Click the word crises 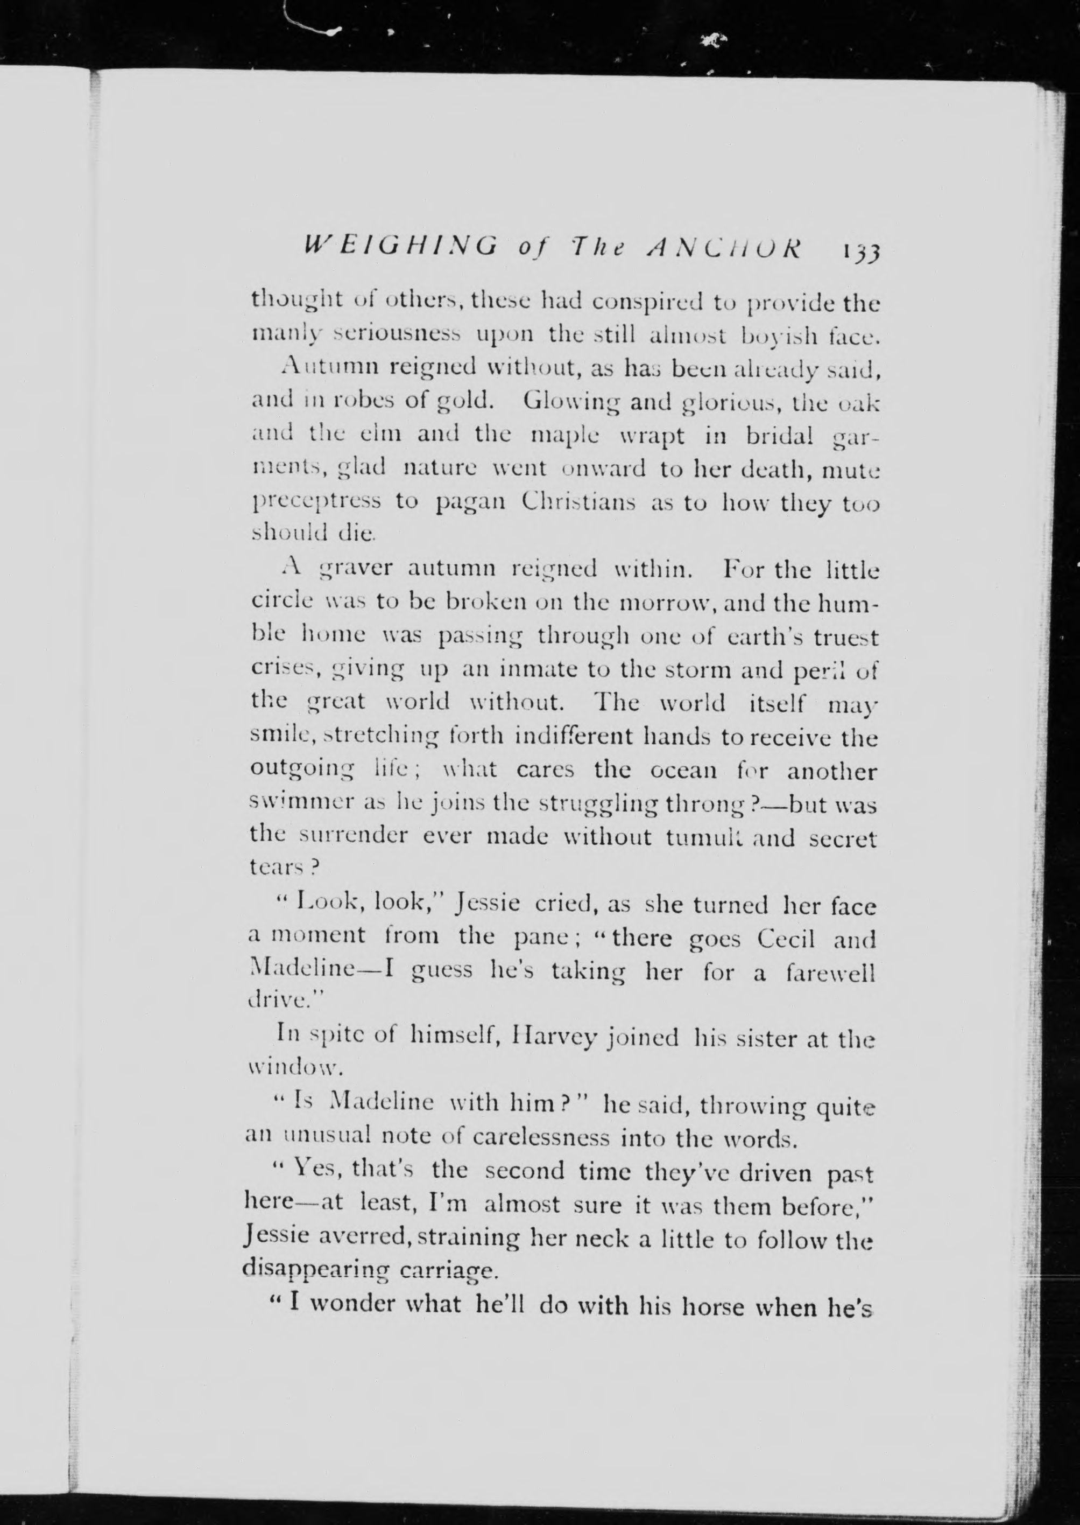[282, 670]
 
